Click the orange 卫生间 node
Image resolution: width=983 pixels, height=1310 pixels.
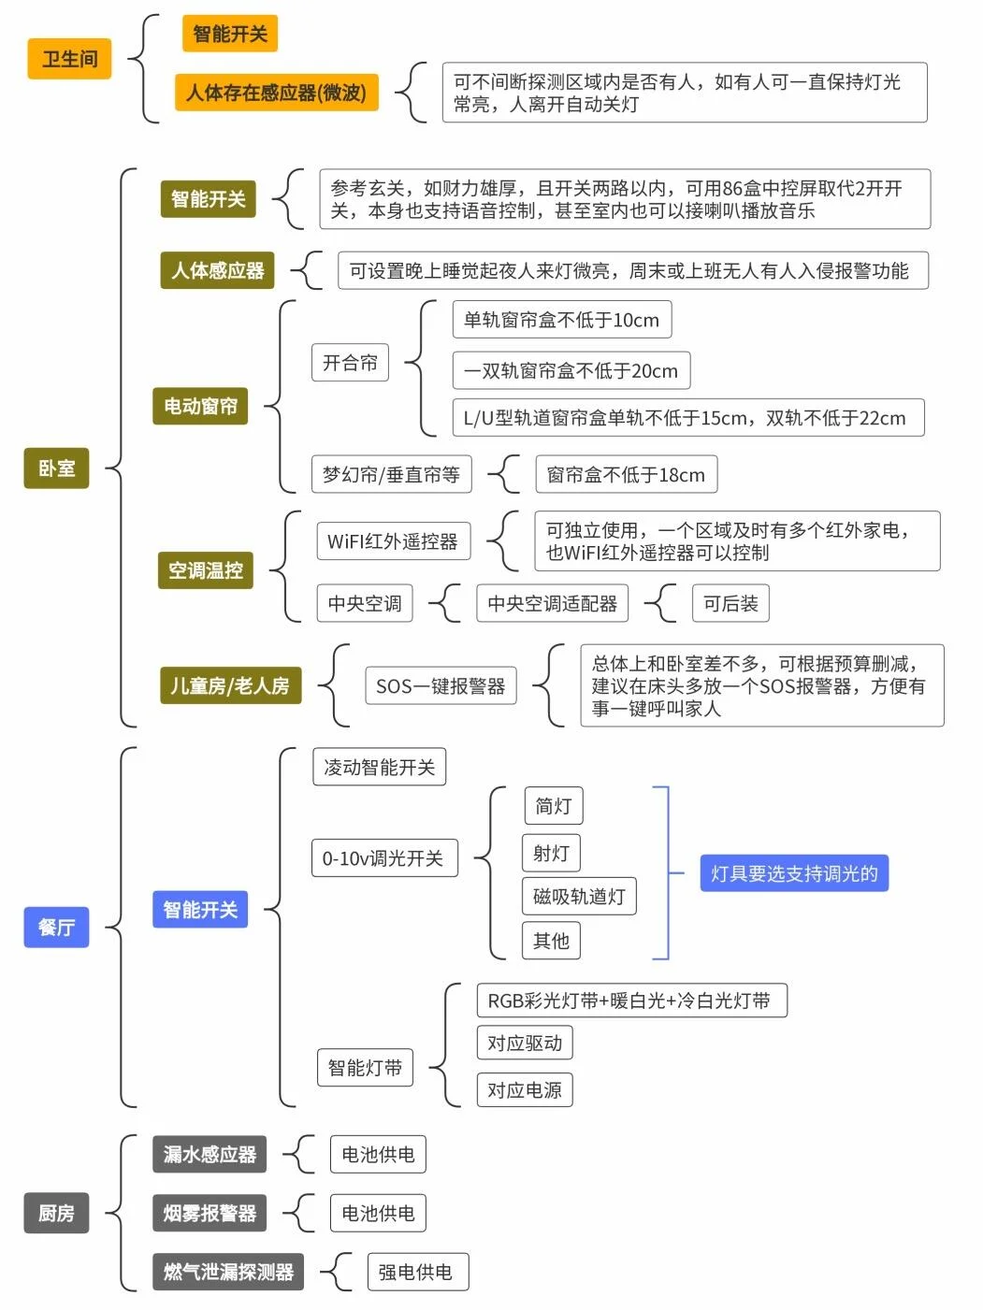tap(69, 59)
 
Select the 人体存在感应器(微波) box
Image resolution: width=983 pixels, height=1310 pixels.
tap(276, 93)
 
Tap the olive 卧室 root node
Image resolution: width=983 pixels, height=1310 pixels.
tap(56, 468)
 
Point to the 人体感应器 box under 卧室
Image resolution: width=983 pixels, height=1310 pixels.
tap(217, 270)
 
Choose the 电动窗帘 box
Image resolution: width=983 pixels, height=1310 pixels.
tap(200, 406)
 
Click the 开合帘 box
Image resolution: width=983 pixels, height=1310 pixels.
tap(350, 363)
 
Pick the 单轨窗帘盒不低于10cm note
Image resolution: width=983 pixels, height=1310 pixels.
tap(561, 320)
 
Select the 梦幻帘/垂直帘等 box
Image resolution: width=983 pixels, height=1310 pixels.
tap(391, 474)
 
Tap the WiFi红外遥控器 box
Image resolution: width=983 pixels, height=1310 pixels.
tap(393, 541)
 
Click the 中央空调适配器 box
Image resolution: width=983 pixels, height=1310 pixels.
tap(552, 603)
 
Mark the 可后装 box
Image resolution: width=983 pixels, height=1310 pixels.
tap(730, 603)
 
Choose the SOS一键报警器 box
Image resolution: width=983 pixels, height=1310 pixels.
tap(440, 685)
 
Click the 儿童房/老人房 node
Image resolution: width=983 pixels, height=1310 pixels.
tap(230, 685)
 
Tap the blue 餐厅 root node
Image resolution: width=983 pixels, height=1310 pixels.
tap(56, 927)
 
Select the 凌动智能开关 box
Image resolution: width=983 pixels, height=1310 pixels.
tap(379, 767)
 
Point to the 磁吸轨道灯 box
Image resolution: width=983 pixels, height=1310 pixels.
tap(579, 896)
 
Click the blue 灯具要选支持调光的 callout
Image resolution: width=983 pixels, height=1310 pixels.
tap(794, 873)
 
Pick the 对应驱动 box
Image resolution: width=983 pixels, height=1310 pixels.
tap(524, 1043)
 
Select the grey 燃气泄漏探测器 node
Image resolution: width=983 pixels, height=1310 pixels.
tap(228, 1272)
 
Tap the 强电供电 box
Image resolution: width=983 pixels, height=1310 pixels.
tap(415, 1272)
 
